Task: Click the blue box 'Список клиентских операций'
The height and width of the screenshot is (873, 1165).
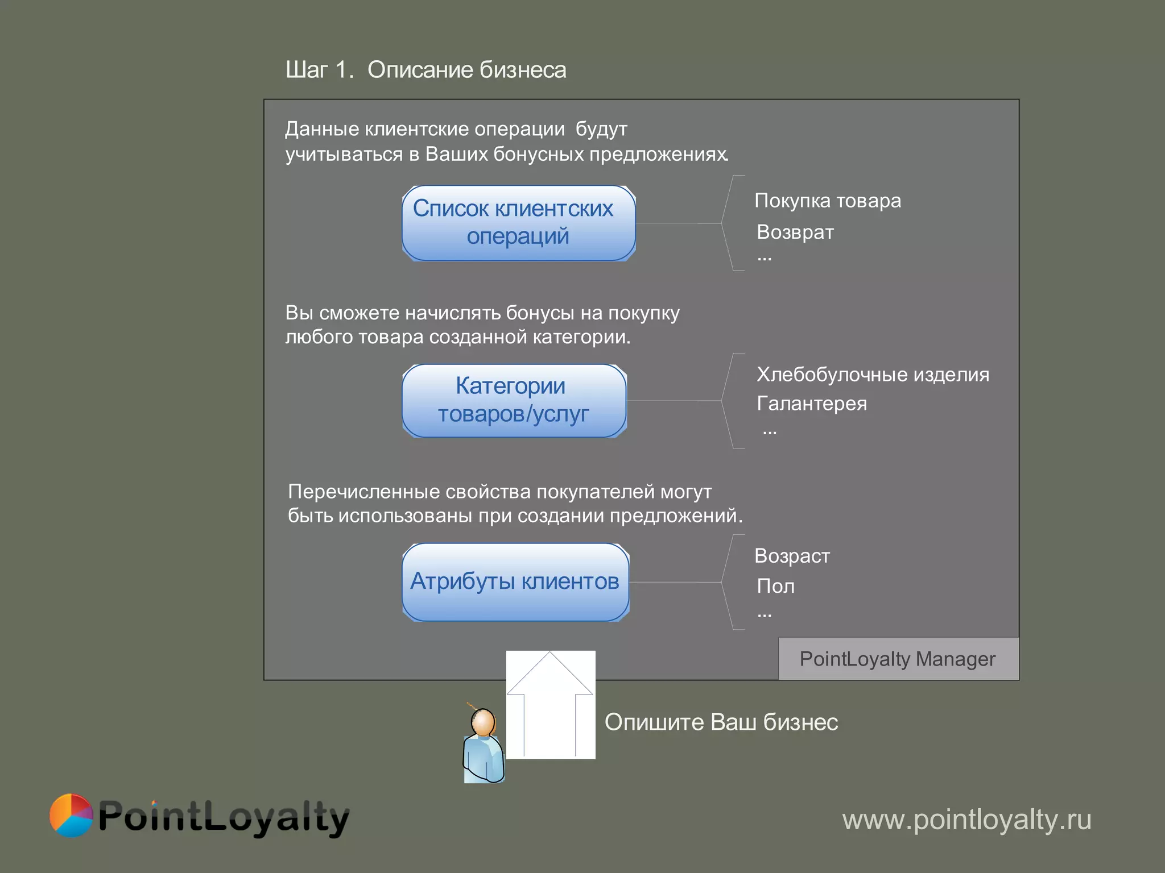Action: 518,223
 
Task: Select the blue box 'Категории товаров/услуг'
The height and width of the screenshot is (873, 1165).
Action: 514,401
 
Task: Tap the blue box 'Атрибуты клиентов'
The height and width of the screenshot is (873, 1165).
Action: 515,582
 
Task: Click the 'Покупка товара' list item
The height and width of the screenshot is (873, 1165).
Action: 827,201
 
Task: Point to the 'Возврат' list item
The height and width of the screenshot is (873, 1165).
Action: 795,232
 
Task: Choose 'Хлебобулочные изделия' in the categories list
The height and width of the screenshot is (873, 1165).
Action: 873,375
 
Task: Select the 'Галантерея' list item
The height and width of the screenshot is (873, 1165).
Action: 811,404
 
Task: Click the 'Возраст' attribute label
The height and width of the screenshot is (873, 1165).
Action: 792,556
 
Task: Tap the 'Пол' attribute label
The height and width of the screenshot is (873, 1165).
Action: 775,586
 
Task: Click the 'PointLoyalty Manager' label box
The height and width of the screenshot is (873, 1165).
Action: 898,659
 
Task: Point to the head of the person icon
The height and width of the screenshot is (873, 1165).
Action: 484,722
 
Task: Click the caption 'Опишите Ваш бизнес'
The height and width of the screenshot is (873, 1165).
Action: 721,722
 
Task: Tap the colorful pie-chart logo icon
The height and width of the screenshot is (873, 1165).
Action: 71,816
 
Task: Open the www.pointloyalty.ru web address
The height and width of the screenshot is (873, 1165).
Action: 966,820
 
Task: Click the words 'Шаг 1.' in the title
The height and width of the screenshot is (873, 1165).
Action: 320,70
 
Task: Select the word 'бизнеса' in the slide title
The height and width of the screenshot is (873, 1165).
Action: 523,70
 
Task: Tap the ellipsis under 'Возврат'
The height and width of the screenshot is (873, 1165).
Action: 764,259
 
